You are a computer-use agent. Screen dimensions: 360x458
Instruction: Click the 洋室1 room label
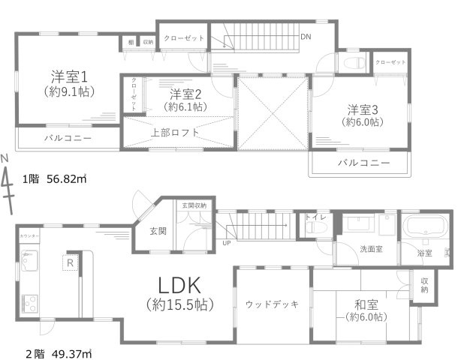[x=70, y=76]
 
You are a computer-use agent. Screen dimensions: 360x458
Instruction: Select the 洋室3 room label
[x=362, y=109]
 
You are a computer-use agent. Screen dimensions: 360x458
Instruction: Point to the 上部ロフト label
[x=176, y=133]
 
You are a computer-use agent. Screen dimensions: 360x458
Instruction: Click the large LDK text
[x=179, y=286]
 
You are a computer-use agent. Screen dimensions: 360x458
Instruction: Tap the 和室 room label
[x=366, y=305]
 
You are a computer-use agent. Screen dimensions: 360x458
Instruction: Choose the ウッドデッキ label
[x=272, y=304]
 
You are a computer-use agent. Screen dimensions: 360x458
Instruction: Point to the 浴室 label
[x=425, y=253]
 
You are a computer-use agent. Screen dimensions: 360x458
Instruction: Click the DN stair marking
[x=306, y=36]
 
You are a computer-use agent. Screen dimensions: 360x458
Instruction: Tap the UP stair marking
[x=227, y=243]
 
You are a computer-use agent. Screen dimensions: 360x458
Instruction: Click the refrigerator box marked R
[x=68, y=262]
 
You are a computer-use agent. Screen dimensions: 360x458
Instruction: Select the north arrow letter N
[x=5, y=158]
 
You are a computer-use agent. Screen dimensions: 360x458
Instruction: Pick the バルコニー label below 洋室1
[x=68, y=139]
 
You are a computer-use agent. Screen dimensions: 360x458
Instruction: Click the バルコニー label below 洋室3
[x=363, y=163]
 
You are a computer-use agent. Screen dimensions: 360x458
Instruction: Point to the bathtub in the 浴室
[x=425, y=229]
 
